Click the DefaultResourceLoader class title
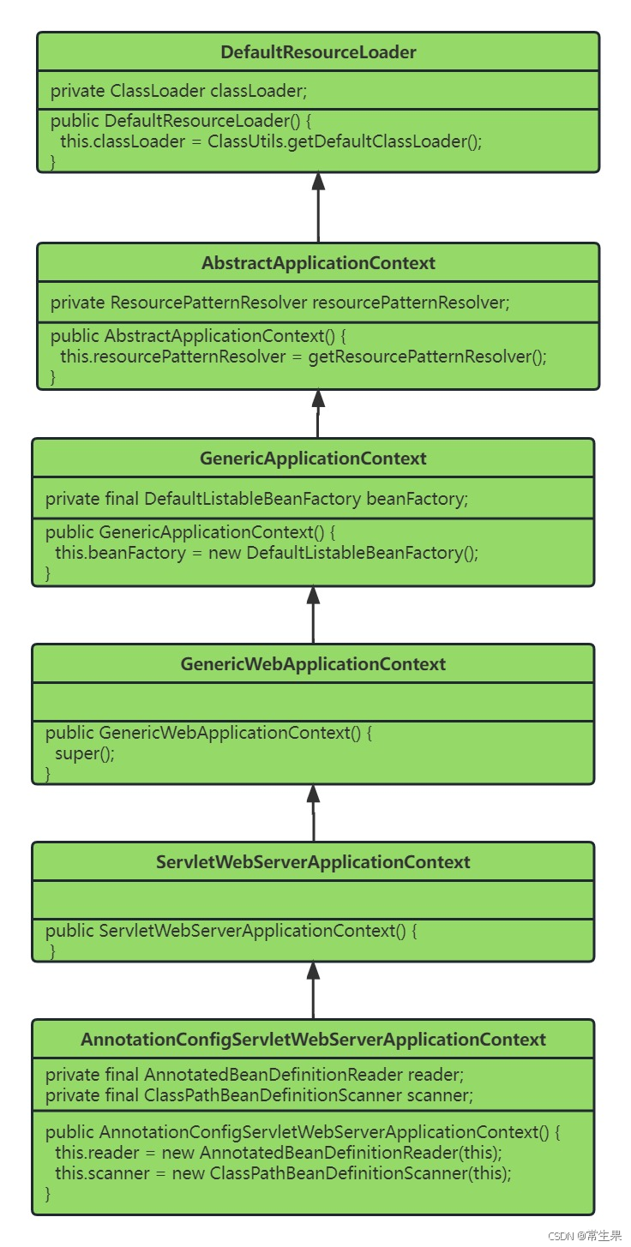318,52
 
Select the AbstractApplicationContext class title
318,263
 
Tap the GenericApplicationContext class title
313,459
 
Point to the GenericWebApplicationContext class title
313,664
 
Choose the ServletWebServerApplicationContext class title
313,862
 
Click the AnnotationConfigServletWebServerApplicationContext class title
313,1040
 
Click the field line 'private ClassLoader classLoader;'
178,91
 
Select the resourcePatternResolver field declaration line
279,302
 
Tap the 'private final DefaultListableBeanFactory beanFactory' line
256,499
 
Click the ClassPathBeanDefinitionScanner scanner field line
259,1094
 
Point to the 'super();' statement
84,753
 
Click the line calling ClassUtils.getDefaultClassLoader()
271,141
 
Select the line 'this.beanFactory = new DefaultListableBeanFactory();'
266,553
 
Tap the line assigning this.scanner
283,1173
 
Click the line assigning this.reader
278,1153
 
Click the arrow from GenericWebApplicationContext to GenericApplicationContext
313,615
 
